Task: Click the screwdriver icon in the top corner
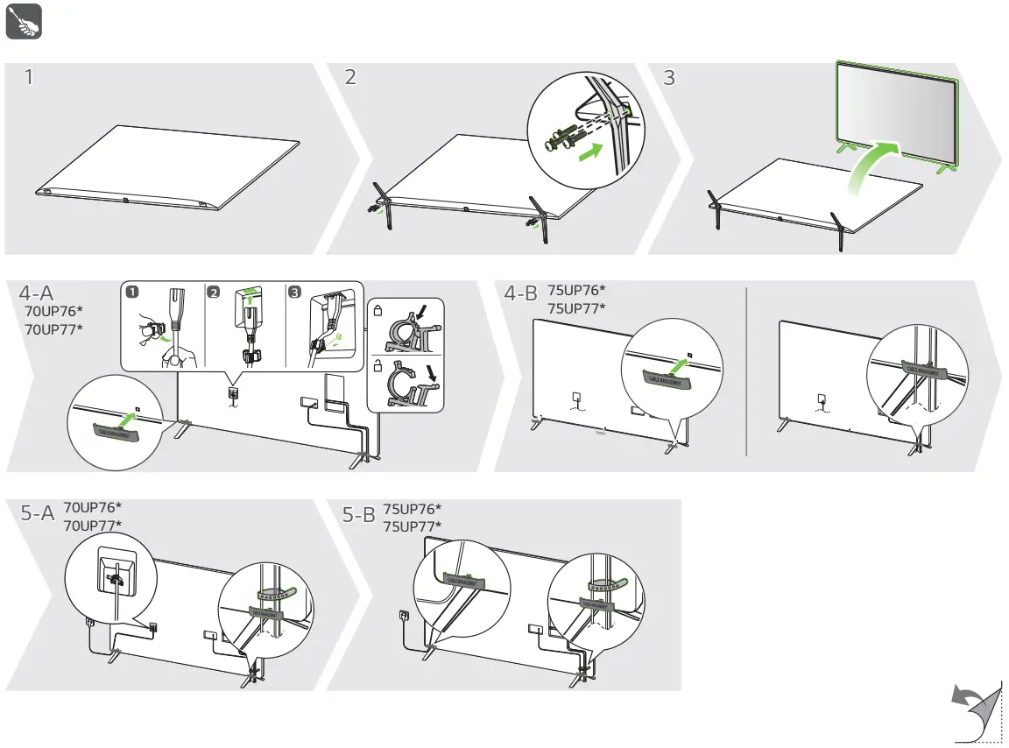[25, 24]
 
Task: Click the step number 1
[30, 77]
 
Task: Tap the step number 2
[350, 77]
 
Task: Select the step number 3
[670, 77]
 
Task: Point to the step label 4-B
[521, 295]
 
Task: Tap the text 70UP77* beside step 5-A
[93, 525]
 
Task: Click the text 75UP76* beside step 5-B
[412, 509]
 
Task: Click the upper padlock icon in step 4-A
[378, 311]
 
